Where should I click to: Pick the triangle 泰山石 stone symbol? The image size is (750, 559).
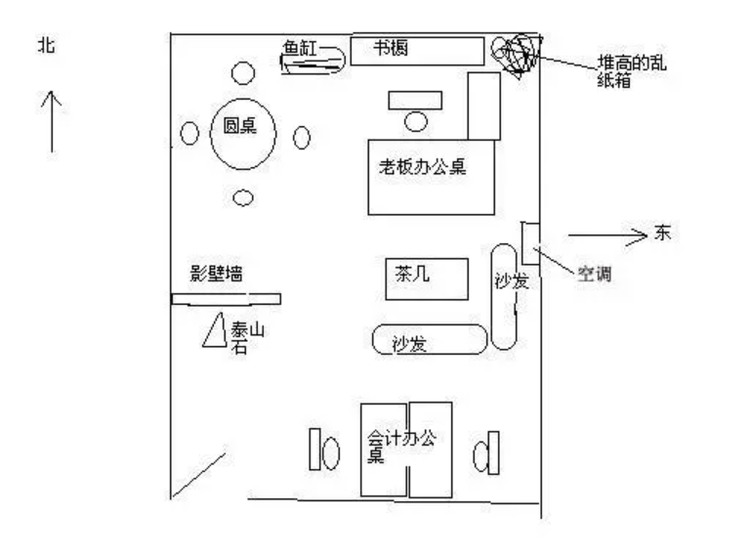(215, 330)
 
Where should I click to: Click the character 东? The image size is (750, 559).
(663, 234)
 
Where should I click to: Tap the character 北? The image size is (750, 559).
(46, 45)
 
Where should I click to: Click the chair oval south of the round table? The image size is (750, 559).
(243, 198)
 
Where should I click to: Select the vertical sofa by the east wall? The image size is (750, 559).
(506, 294)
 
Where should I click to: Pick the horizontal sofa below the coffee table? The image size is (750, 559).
(430, 340)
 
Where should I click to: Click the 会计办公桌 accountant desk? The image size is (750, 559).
(405, 449)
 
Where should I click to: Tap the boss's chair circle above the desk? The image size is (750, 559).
(417, 121)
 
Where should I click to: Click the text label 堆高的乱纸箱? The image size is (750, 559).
(634, 72)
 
